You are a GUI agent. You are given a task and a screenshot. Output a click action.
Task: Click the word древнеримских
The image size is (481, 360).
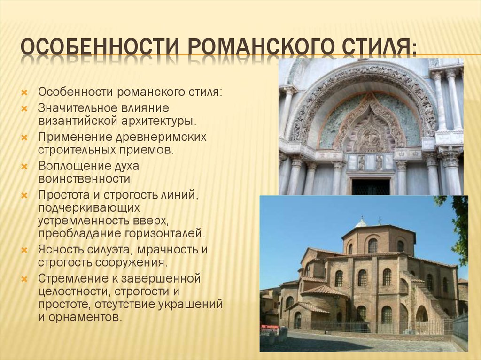161,137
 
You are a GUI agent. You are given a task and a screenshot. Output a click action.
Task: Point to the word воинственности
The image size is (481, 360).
84,179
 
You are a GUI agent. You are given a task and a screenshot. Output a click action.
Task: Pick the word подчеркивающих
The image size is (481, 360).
89,208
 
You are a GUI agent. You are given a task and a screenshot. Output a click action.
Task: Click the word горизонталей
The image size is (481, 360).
164,234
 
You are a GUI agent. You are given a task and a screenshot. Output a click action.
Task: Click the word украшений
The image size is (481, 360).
191,305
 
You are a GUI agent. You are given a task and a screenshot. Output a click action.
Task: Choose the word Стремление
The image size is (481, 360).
73,279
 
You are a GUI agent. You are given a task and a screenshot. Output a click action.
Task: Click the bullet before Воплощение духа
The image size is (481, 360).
24,167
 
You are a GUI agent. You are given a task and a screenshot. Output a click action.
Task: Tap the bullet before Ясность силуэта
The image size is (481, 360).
24,250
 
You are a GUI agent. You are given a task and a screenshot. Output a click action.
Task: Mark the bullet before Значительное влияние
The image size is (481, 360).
24,108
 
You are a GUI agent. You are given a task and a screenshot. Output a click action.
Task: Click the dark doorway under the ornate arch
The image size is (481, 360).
371,186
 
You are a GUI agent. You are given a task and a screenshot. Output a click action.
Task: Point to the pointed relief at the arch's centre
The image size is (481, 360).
371,126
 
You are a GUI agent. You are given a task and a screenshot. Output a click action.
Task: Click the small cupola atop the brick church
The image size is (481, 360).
361,222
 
